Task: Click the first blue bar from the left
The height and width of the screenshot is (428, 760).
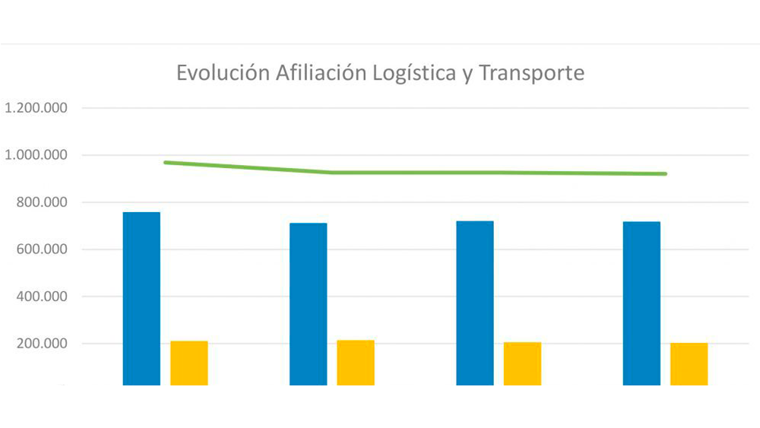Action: pos(141,298)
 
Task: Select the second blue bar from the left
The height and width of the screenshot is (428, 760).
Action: pos(309,303)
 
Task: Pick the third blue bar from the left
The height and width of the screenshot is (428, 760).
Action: pos(475,303)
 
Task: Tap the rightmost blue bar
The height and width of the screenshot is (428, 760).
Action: pos(641,303)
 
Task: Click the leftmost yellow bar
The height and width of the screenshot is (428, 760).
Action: pos(188,363)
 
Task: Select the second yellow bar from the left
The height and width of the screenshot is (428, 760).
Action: pos(356,362)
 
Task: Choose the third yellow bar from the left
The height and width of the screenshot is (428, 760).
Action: pos(522,363)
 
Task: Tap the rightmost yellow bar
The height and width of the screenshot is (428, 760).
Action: pos(689,363)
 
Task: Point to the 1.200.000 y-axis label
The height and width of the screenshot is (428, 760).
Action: pos(36,108)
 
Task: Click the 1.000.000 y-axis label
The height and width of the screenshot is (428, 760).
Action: pos(36,155)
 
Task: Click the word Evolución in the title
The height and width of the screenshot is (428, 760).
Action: pos(223,74)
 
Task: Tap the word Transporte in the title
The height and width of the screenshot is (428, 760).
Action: pos(531,75)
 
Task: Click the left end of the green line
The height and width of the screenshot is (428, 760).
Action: pos(165,162)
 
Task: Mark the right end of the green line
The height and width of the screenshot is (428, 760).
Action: pos(666,174)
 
